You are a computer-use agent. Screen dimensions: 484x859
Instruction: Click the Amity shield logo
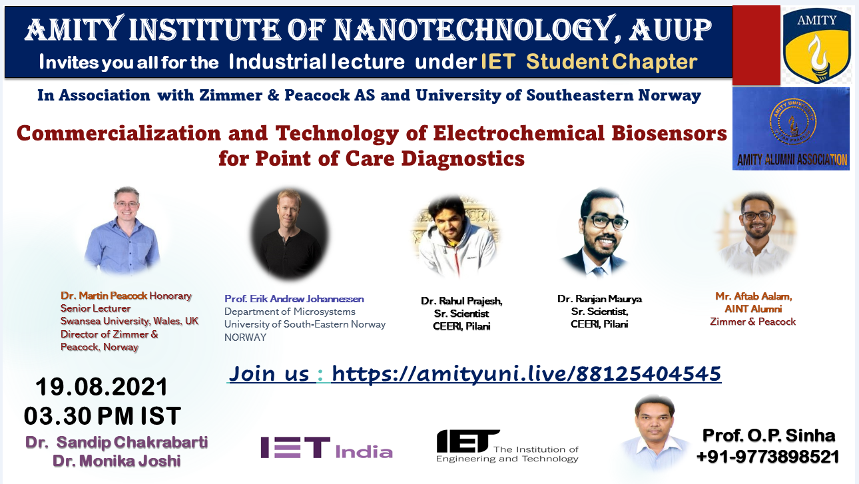click(817, 45)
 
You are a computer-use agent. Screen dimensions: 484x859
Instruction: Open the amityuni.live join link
click(526, 373)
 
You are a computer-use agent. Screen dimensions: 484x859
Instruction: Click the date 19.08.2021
click(101, 387)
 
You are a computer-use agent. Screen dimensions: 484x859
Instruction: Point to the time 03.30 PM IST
click(102, 416)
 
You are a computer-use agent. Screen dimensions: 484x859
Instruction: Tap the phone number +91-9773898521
click(768, 457)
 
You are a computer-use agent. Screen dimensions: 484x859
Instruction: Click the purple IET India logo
click(326, 448)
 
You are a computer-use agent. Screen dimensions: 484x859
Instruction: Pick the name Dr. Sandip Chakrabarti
click(117, 442)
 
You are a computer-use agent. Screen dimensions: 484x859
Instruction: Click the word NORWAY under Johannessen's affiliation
click(245, 338)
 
